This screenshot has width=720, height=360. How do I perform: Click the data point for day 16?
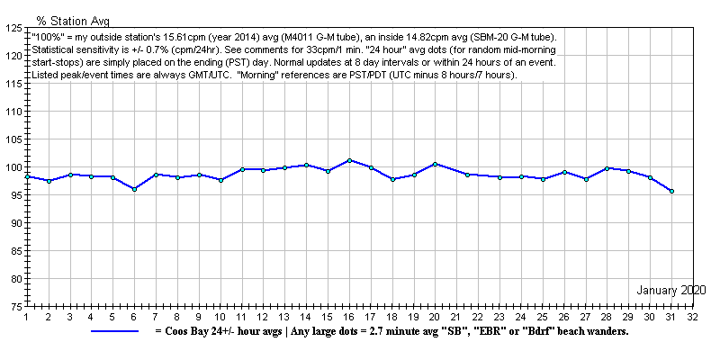(x=349, y=160)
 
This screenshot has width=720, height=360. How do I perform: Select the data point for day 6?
(x=134, y=189)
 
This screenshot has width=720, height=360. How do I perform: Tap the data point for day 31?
(x=671, y=191)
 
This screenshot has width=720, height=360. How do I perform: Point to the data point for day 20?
(x=435, y=164)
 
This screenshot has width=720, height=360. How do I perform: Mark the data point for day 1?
(x=27, y=176)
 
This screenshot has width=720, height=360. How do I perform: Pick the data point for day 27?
(x=586, y=179)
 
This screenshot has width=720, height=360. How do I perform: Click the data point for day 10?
(x=220, y=180)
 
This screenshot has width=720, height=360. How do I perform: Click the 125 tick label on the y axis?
(x=13, y=28)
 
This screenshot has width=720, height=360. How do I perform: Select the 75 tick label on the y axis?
(x=16, y=307)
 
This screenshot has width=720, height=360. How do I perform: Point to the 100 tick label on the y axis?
(x=13, y=167)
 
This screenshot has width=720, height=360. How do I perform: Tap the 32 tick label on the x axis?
(x=693, y=317)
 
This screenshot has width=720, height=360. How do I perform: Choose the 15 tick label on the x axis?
(x=328, y=317)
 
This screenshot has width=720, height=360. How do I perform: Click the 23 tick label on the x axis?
(x=499, y=317)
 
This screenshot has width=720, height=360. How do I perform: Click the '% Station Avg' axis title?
(x=72, y=18)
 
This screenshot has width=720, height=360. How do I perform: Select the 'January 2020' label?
(x=671, y=290)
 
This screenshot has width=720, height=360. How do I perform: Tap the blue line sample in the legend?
(x=114, y=331)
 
